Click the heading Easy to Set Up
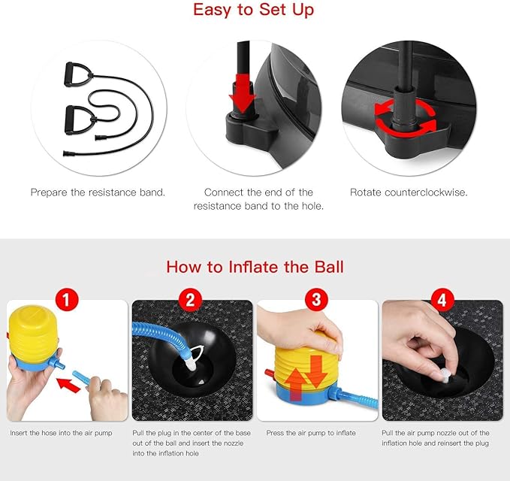click(254, 10)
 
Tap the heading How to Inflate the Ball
click(255, 267)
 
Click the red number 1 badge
click(66, 300)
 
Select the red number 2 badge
click(190, 300)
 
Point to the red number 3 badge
click(316, 300)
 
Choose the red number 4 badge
click(442, 300)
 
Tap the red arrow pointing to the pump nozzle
click(68, 385)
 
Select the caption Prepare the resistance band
click(98, 192)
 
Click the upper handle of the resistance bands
click(77, 74)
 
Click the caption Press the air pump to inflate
click(311, 433)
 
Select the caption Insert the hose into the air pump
click(61, 433)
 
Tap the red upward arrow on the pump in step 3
click(295, 385)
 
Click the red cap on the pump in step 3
click(270, 373)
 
